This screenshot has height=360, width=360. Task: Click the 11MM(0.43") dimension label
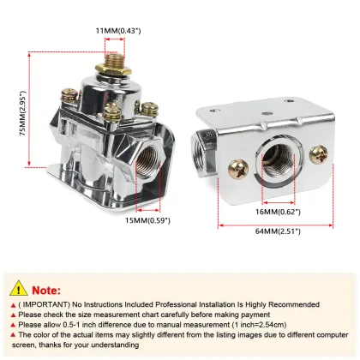point(118,31)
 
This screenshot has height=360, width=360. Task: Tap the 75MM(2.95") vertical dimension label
point(22,113)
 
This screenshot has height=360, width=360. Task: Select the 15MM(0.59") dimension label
point(147,220)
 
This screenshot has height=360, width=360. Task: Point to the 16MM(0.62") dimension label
point(278,212)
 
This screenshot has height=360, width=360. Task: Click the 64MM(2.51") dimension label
point(278,231)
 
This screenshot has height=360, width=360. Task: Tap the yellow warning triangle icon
point(19,288)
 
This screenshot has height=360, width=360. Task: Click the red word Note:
point(46,291)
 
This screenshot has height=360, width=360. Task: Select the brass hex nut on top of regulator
point(113,69)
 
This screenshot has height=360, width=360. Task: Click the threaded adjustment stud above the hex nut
point(113,59)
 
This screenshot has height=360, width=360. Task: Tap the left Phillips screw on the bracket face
point(238,170)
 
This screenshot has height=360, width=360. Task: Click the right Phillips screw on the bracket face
point(319,154)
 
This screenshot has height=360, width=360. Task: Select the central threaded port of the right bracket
point(277,162)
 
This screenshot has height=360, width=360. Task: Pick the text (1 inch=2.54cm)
point(259,325)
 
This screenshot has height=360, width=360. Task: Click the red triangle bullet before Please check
point(13,315)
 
